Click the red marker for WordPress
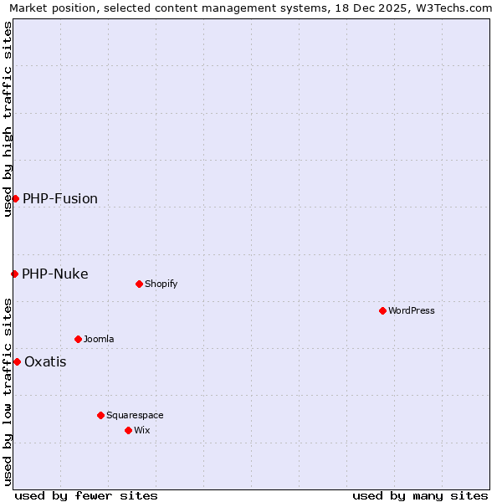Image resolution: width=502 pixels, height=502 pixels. tap(382, 310)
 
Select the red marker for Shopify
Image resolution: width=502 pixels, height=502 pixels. tap(139, 284)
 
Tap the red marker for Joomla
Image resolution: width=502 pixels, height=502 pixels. tap(78, 339)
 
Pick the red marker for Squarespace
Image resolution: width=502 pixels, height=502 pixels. tap(100, 415)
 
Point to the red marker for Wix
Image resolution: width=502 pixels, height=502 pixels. tap(128, 430)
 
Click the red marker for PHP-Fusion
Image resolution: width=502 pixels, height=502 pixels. tap(15, 198)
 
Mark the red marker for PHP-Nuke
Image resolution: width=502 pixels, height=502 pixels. tap(14, 274)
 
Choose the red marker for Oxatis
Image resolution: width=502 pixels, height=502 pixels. tap(17, 361)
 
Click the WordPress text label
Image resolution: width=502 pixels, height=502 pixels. tap(412, 310)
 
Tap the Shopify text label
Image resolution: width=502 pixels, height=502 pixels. tap(161, 284)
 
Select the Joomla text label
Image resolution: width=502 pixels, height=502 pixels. tap(99, 339)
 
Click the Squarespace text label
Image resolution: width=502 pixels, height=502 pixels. tap(135, 415)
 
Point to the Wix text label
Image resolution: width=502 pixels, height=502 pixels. tap(141, 430)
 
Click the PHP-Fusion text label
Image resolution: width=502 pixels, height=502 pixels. tap(60, 198)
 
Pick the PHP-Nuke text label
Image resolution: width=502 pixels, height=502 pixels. tap(55, 274)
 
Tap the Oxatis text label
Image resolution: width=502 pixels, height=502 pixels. tap(45, 361)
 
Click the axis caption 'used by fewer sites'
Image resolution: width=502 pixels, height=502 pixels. tap(86, 495)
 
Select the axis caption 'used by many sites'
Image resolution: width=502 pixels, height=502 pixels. tap(420, 495)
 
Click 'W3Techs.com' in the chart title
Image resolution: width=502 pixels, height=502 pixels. tap(455, 8)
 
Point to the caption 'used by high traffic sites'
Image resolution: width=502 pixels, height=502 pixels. tap(8, 119)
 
